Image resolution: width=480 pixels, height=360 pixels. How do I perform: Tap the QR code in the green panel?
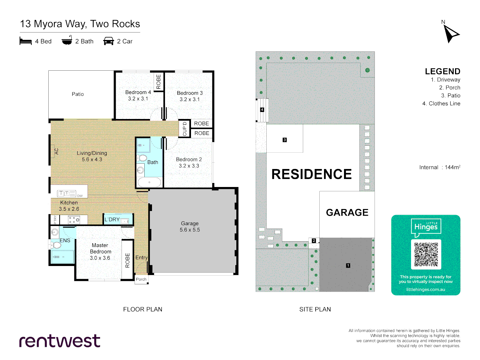tap(426, 254)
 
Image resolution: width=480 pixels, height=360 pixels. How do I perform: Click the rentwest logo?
tap(60, 341)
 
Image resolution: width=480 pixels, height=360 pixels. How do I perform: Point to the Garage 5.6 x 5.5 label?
tap(190, 227)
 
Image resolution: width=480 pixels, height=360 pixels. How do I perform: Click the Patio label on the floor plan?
tap(78, 94)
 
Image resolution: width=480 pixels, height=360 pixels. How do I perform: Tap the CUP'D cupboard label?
tap(185, 129)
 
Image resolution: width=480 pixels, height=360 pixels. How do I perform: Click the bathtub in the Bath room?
tap(149, 182)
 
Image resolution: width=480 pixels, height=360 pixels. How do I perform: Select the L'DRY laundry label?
tap(112, 219)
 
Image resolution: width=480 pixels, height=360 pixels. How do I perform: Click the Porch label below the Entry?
tap(141, 279)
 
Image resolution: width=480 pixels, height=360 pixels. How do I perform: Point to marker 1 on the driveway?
tap(348, 266)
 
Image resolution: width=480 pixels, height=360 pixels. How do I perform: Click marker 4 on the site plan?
tap(262, 110)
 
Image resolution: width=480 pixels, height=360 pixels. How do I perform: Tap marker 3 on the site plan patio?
tap(285, 140)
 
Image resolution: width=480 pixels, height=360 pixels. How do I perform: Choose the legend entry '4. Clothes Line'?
tap(441, 104)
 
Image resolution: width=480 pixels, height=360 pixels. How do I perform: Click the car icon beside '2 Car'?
tap(109, 41)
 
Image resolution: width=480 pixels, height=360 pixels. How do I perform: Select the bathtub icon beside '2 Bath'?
tap(67, 41)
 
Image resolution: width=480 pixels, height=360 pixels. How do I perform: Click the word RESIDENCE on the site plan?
tap(311, 174)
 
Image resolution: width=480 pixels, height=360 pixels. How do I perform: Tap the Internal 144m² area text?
tap(440, 167)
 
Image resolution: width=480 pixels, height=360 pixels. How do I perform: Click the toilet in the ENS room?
tap(57, 245)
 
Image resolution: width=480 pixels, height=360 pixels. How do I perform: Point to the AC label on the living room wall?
tap(56, 151)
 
